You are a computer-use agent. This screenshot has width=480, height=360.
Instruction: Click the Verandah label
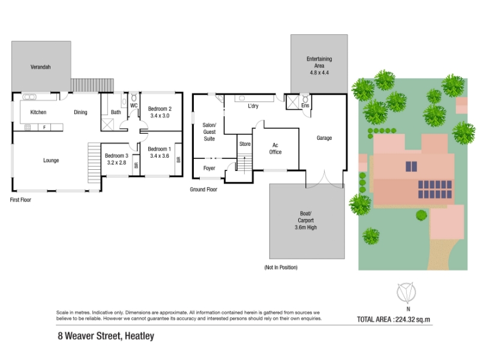click(x=40, y=67)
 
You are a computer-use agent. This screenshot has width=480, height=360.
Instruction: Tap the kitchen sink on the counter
click(x=29, y=97)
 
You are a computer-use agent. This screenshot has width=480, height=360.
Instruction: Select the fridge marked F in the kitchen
click(x=44, y=127)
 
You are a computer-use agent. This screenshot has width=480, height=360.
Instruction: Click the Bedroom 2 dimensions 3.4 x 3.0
click(x=160, y=116)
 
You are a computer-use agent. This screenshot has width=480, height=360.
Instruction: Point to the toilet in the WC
click(x=134, y=98)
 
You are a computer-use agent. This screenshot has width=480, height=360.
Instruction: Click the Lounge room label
click(x=51, y=160)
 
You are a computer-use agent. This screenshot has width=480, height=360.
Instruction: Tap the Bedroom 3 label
click(x=116, y=155)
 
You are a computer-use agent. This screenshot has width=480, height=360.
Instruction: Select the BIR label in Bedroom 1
click(x=178, y=160)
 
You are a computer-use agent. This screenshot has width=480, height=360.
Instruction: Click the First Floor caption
click(x=20, y=200)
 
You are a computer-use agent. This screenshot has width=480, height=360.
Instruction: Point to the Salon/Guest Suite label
click(x=209, y=132)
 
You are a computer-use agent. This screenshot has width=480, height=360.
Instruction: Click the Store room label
click(x=245, y=144)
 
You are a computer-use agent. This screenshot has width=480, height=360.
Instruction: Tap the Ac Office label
click(x=275, y=148)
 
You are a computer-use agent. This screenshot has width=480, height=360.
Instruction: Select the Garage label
click(x=324, y=138)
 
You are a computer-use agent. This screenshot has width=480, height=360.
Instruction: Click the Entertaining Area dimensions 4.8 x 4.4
click(x=319, y=73)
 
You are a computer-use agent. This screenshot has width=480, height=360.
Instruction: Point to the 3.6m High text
click(x=306, y=227)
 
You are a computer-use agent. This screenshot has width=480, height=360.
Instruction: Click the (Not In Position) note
click(x=281, y=267)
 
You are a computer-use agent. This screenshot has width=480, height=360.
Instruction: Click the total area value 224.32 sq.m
click(x=413, y=320)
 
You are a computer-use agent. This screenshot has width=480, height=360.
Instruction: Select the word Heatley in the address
click(x=140, y=336)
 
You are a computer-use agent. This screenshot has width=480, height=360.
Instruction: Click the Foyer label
click(x=209, y=168)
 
